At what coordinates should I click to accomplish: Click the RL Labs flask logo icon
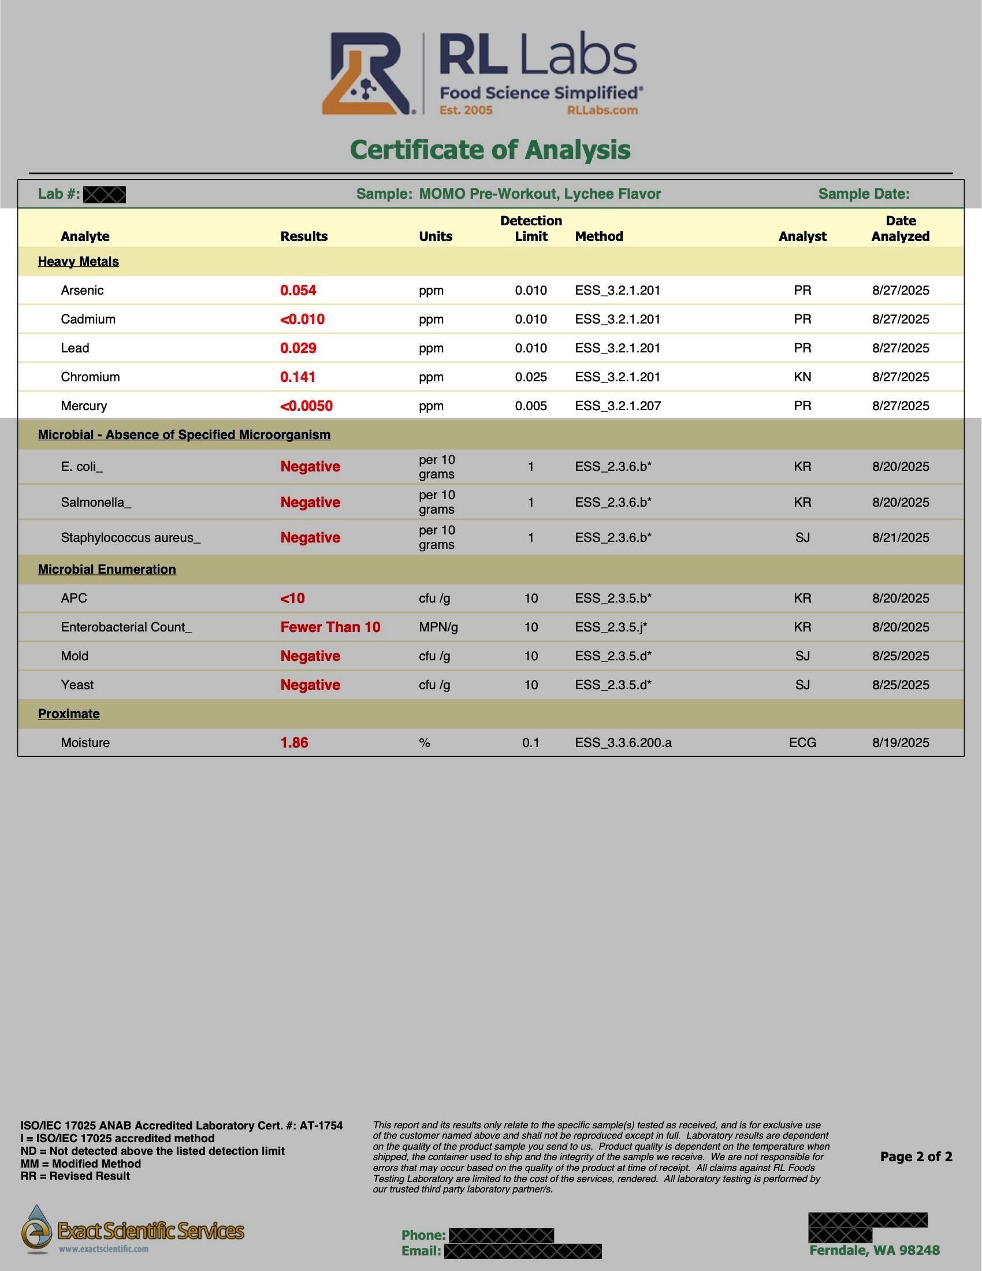pos(366,74)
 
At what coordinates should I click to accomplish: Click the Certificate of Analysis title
pos(490,150)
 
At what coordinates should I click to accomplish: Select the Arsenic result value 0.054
pos(298,291)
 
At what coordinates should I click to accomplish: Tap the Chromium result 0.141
pos(298,377)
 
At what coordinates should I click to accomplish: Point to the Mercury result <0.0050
pos(306,406)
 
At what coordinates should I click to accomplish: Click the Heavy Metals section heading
pos(78,262)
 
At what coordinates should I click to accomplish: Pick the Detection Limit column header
pos(530,229)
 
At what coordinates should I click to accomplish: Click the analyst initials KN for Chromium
pos(802,377)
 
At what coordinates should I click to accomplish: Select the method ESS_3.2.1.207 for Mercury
pos(618,406)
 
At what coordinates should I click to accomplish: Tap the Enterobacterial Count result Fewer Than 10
pos(330,627)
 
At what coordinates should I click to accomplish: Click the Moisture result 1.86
pos(295,743)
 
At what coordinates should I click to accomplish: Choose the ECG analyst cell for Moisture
pos(802,743)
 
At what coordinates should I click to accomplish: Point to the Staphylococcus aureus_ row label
pos(131,538)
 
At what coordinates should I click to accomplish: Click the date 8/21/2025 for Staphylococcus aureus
pos(900,538)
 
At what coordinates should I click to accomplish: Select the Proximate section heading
pos(69,714)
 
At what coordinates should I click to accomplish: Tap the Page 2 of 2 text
pos(916,1157)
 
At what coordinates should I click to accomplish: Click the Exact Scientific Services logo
pos(133,1230)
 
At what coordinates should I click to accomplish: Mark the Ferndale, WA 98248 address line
pos(874,1250)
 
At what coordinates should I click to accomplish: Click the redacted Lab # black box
pos(104,195)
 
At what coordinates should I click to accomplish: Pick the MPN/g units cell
pos(438,627)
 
